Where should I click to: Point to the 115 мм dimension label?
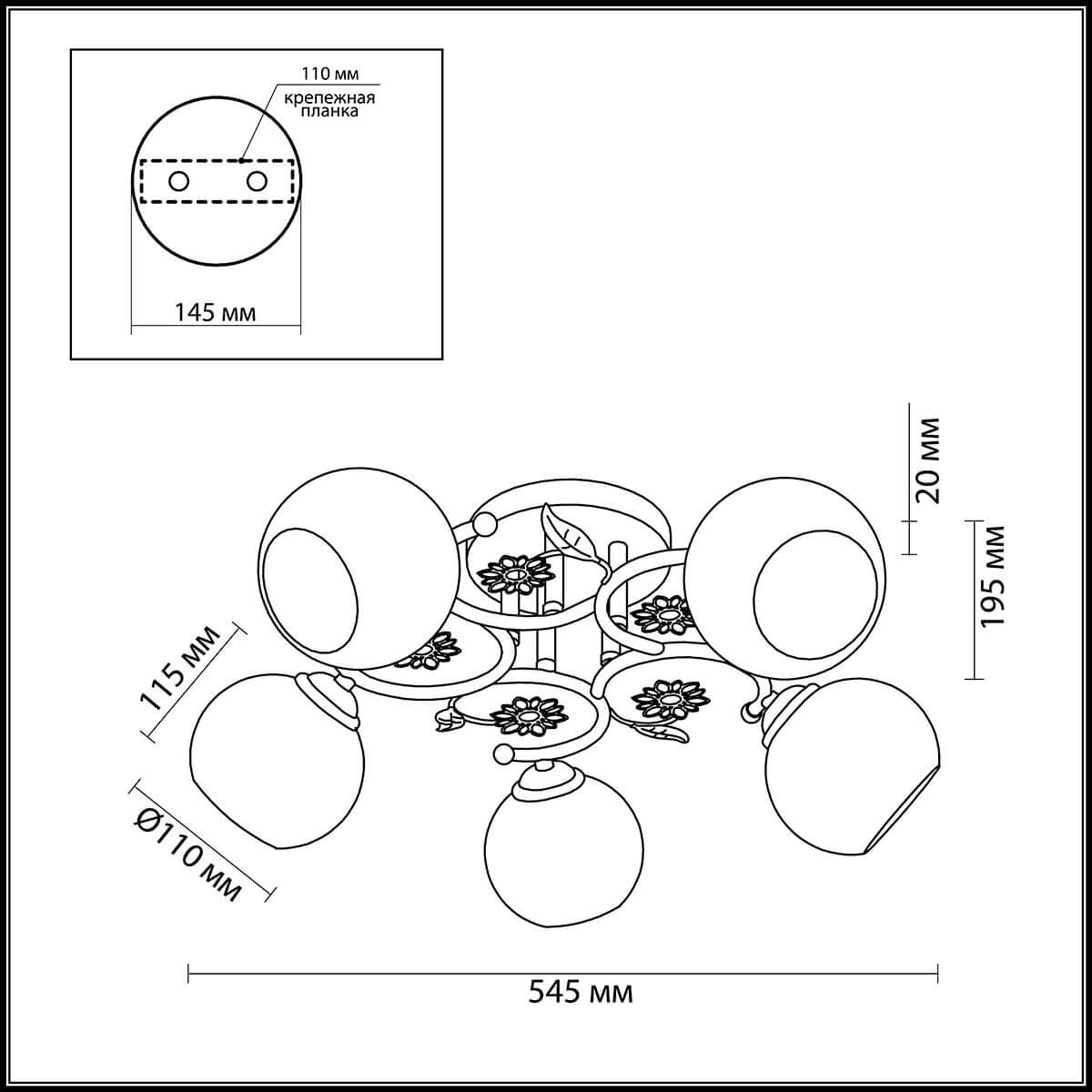click(180, 669)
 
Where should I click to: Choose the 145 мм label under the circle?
click(215, 312)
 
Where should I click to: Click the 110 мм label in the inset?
click(329, 74)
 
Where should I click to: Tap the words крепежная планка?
click(329, 105)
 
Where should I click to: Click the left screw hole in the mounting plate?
click(178, 182)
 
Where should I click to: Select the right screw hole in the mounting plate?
click(257, 182)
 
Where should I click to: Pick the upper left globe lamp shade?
click(359, 569)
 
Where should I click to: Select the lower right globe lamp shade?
click(854, 776)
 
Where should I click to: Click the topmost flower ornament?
click(516, 573)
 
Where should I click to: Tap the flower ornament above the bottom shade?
click(529, 717)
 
